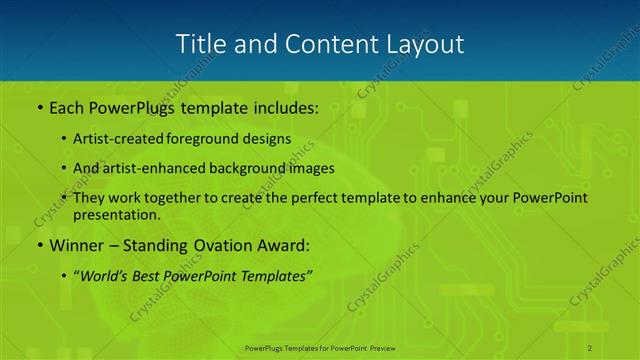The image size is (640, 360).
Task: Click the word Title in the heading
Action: click(x=199, y=44)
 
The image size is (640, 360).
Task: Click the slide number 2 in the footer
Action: click(x=591, y=347)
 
